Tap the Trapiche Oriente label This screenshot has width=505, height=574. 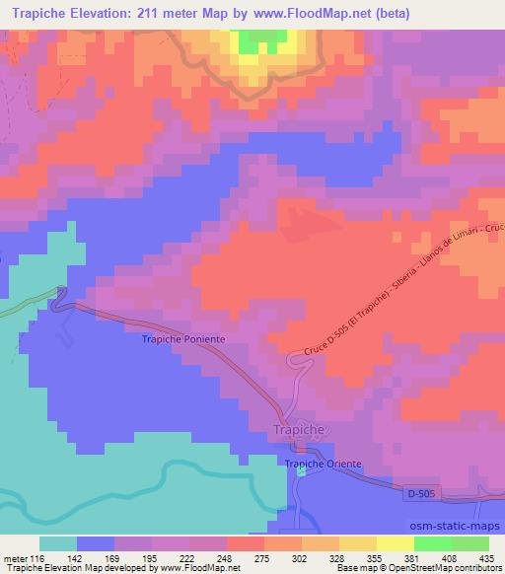tap(324, 464)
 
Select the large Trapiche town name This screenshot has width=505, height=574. tap(297, 430)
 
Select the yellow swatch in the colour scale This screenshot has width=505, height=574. tap(396, 543)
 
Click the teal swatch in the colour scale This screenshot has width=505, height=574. tap(57, 543)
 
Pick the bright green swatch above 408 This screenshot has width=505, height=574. tap(432, 543)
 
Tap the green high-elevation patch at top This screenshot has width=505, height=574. tap(265, 39)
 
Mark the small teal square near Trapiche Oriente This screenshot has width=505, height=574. tap(302, 471)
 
